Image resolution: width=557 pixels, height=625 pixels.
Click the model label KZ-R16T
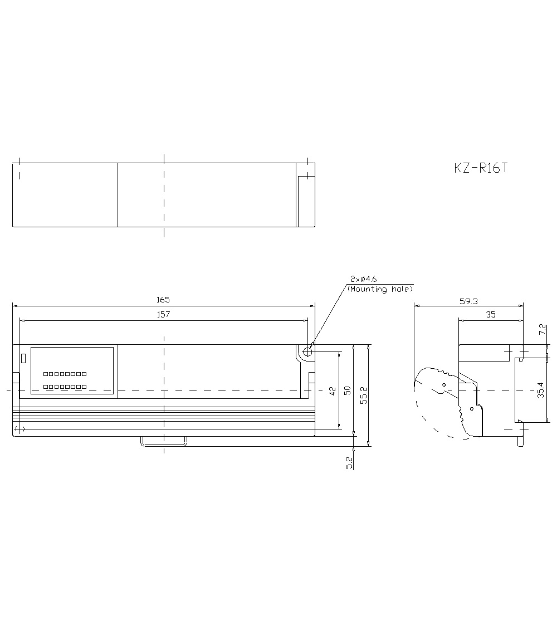pos(481,168)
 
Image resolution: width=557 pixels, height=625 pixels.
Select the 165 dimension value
pos(163,299)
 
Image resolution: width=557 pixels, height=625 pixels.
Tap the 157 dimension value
pos(163,314)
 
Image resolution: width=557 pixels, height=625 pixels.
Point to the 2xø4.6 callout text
pos(364,279)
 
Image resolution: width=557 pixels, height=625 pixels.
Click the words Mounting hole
pos(380,289)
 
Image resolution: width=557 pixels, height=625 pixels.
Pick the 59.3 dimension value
pos(468,301)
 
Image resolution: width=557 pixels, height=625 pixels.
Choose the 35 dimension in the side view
pos(491,315)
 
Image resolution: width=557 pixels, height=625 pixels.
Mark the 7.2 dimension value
pos(543,329)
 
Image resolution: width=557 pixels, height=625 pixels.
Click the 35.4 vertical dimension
pos(541,390)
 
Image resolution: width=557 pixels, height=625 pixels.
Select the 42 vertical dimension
pos(333,391)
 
